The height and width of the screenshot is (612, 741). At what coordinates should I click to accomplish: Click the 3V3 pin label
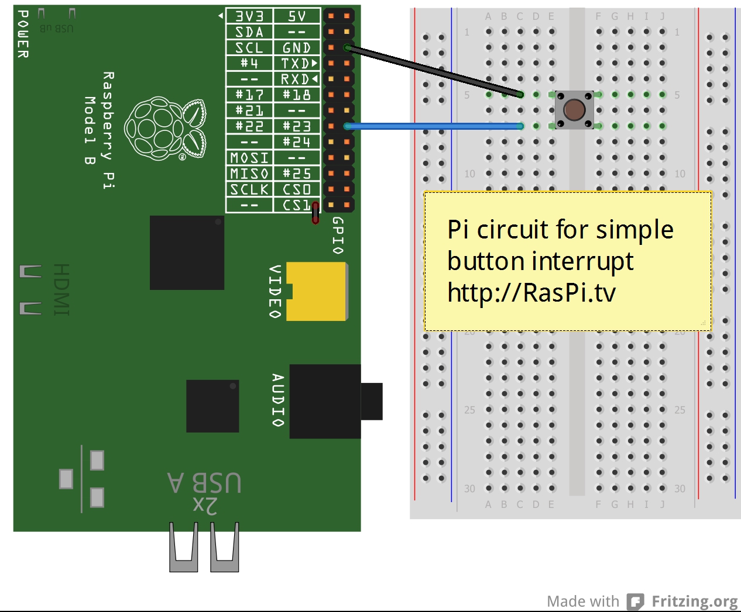pyautogui.click(x=249, y=16)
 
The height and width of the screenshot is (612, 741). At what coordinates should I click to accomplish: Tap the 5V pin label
pyautogui.click(x=297, y=16)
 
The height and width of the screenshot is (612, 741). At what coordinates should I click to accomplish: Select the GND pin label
pyautogui.click(x=297, y=48)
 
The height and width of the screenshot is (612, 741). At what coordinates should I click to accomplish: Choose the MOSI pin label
pyautogui.click(x=249, y=158)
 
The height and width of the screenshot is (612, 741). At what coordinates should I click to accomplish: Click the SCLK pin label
pyautogui.click(x=249, y=189)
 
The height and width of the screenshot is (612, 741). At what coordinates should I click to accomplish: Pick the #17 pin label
pyautogui.click(x=249, y=95)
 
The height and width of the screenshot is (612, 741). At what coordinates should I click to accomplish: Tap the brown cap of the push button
pyautogui.click(x=574, y=109)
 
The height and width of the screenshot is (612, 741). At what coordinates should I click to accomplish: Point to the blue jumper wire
pyautogui.click(x=433, y=126)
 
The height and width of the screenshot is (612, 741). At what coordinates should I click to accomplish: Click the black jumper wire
pyautogui.click(x=433, y=70)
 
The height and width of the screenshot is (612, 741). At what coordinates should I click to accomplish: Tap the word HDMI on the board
pyautogui.click(x=61, y=289)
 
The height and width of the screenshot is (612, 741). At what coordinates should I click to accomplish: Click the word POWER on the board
pyautogui.click(x=23, y=34)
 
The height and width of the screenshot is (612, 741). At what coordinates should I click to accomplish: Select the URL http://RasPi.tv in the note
pyautogui.click(x=531, y=292)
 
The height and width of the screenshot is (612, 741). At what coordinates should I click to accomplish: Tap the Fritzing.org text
pyautogui.click(x=694, y=601)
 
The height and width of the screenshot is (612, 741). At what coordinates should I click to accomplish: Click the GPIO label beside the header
pyautogui.click(x=338, y=235)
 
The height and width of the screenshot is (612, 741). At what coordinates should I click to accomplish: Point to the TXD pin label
pyautogui.click(x=297, y=63)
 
